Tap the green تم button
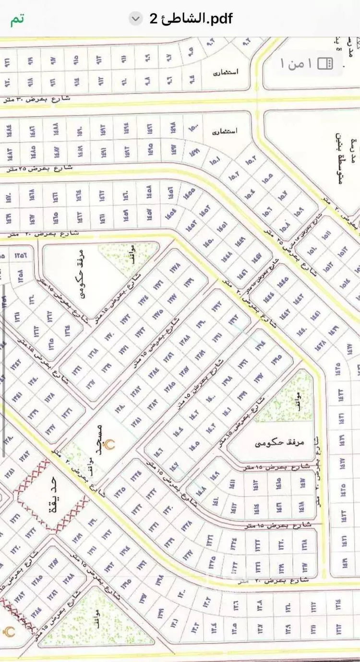pyautogui.click(x=18, y=19)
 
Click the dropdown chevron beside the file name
pyautogui.click(x=136, y=19)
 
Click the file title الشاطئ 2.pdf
pyautogui.click(x=191, y=19)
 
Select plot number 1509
pyautogui.click(x=299, y=210)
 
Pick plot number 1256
pyautogui.click(x=21, y=255)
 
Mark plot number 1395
pyautogui.click(x=276, y=358)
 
